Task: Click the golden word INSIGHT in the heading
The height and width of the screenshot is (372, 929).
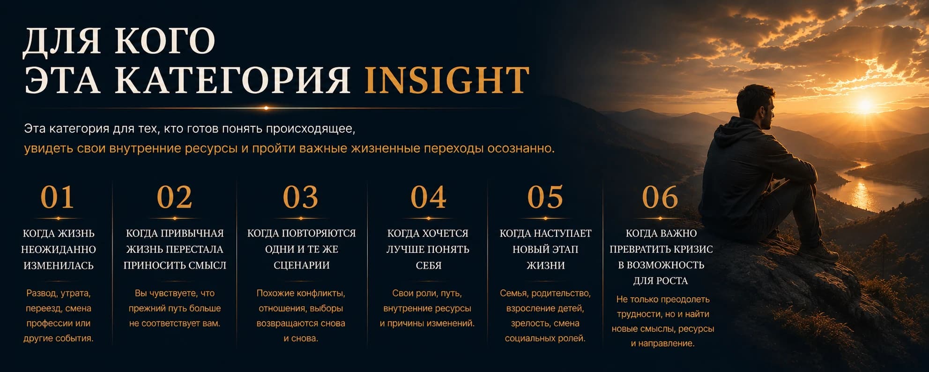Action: coord(447,80)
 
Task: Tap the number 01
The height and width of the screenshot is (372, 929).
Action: coord(58,197)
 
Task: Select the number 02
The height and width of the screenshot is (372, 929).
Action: coord(174,197)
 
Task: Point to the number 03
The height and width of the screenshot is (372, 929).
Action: coord(300,197)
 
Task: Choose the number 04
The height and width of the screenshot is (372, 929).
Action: coord(428,197)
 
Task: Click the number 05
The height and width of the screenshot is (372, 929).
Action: coord(545,197)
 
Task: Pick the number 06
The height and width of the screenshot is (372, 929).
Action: coord(660,197)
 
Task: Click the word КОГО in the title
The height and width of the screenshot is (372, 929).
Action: coord(165,41)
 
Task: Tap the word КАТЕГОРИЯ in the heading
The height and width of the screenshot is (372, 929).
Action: coord(233,80)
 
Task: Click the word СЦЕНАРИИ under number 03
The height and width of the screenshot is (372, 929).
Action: coord(302,266)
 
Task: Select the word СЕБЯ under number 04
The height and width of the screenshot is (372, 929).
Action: coord(429,266)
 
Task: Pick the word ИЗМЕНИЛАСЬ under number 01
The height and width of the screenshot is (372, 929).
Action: coord(59,266)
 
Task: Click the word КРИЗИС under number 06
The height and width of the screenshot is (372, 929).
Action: coord(692,250)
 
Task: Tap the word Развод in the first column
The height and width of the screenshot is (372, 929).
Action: coord(42,294)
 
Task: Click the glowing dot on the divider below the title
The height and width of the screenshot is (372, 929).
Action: coord(266,108)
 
